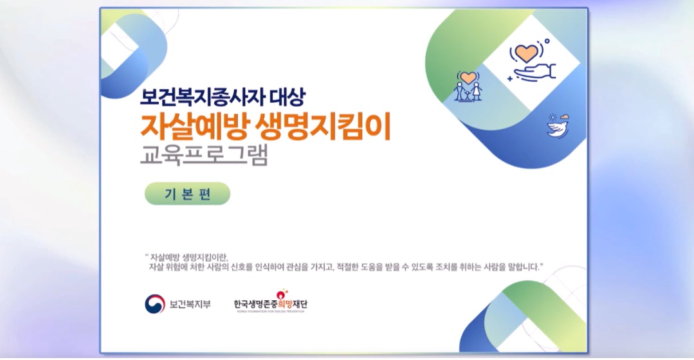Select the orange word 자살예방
tap(195, 127)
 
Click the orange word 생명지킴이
tap(324, 127)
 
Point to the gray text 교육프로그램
tap(204, 154)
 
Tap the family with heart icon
tap(468, 85)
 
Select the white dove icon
tap(558, 126)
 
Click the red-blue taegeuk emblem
tap(154, 304)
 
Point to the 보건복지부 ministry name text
tap(190, 304)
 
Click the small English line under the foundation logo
tap(270, 311)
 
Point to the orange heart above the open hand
tap(527, 53)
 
